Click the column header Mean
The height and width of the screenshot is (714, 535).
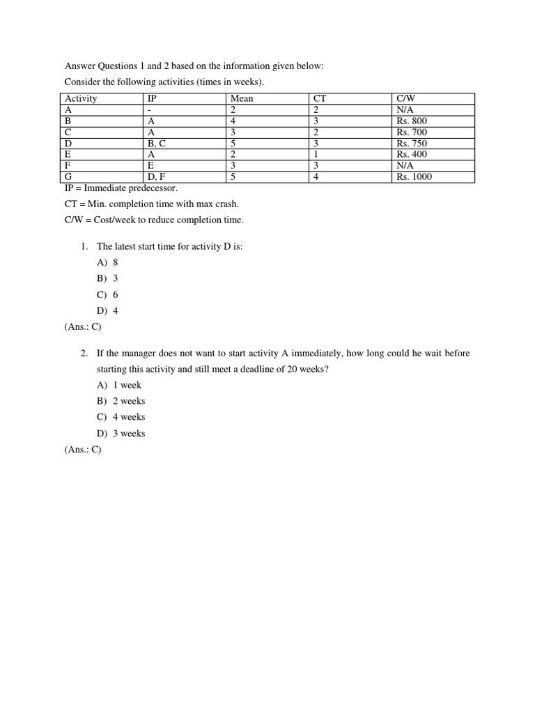click(x=242, y=99)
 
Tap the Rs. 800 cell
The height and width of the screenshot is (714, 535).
click(x=412, y=121)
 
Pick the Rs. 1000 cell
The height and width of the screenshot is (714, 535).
click(x=414, y=177)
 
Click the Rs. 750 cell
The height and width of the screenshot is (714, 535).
click(x=412, y=144)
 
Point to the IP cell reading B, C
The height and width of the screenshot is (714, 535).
click(x=157, y=144)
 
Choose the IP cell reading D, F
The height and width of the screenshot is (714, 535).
click(x=157, y=177)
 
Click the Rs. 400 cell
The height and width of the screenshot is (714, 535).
click(x=412, y=154)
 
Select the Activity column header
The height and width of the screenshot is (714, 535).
click(x=81, y=99)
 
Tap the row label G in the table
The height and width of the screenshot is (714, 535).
click(x=68, y=177)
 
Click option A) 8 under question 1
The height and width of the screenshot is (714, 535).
click(x=108, y=263)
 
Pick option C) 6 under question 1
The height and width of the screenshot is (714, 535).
click(x=108, y=295)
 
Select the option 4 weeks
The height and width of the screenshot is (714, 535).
click(x=121, y=417)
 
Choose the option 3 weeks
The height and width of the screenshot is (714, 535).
click(x=121, y=433)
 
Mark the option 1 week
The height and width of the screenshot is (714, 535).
click(x=119, y=385)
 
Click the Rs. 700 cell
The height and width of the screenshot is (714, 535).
click(x=412, y=132)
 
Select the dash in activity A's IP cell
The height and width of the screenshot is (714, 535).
click(x=150, y=110)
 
